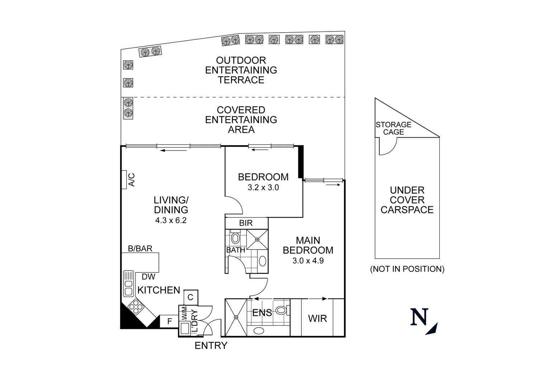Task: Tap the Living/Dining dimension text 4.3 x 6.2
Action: (171, 221)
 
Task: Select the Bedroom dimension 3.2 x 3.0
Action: (263, 187)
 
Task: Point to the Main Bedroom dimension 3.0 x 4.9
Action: (308, 261)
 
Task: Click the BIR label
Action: (246, 223)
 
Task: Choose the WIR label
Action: (317, 318)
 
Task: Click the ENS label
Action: (262, 313)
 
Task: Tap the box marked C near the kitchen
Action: (190, 297)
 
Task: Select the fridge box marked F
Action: (170, 321)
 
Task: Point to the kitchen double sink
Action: (128, 283)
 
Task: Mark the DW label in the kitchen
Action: (148, 277)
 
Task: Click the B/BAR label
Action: (140, 248)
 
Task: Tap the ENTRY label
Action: (211, 345)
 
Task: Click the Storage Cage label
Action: (393, 128)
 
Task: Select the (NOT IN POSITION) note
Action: (407, 269)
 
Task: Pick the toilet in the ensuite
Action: (282, 310)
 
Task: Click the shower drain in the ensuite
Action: (236, 317)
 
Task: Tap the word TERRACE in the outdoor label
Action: (241, 80)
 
